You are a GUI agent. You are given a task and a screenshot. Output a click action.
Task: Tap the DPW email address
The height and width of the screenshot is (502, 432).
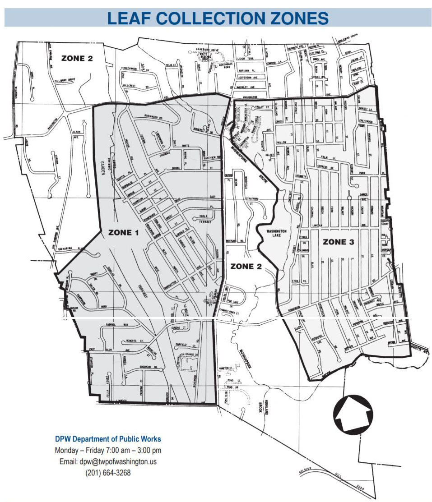tap(108, 462)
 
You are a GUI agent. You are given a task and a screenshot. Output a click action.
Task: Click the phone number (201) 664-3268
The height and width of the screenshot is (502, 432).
tap(108, 473)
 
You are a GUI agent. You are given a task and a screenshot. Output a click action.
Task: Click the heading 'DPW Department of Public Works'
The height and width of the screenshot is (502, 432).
tap(108, 438)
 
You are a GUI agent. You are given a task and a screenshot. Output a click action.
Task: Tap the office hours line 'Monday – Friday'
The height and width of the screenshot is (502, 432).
tap(108, 450)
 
